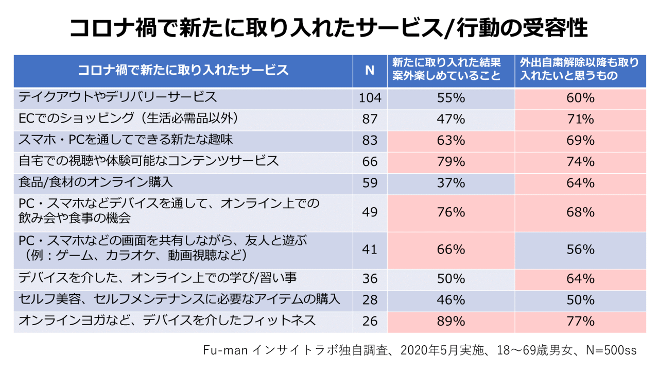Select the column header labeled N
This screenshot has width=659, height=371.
(x=370, y=71)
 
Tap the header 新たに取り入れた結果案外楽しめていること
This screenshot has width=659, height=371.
(x=450, y=71)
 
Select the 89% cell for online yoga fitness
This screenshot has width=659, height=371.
(x=450, y=322)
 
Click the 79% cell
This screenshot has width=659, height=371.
(x=450, y=162)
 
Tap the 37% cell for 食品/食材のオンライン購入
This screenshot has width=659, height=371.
(x=450, y=183)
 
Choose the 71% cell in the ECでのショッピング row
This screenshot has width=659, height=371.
(x=581, y=119)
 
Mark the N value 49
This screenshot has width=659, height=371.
(x=370, y=212)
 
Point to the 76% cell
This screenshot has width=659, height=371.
(x=450, y=212)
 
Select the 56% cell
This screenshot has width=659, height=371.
(x=581, y=250)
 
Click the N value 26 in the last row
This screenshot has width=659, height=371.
(x=370, y=322)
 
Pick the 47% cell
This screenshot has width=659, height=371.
(x=450, y=119)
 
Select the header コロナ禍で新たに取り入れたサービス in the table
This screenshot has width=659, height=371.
(x=183, y=71)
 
